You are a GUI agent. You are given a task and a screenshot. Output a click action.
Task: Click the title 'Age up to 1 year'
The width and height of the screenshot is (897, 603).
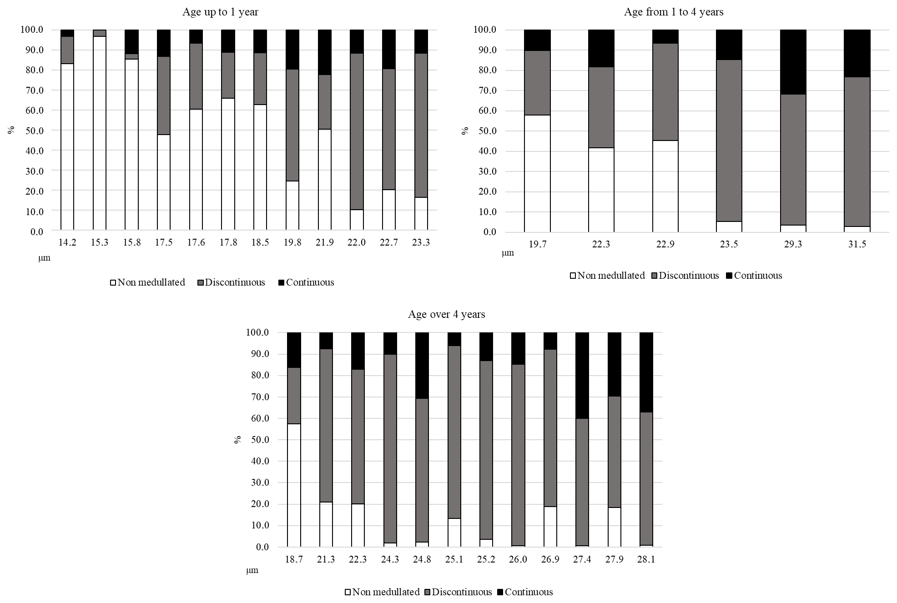(220, 12)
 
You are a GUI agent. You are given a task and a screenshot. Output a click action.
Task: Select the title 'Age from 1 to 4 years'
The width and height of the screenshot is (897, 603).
(674, 12)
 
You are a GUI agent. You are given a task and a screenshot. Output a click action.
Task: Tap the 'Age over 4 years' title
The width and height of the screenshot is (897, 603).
(446, 315)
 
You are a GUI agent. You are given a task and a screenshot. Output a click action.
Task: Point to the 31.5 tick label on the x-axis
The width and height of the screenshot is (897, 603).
(857, 245)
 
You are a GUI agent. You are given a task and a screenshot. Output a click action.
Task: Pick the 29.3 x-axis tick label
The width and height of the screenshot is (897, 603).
(793, 245)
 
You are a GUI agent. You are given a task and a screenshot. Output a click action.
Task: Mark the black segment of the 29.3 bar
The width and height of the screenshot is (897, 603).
(793, 62)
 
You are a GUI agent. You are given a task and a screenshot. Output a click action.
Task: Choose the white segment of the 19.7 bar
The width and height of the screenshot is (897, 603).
(537, 173)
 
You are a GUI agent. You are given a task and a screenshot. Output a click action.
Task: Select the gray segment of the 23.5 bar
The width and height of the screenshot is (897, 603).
(729, 141)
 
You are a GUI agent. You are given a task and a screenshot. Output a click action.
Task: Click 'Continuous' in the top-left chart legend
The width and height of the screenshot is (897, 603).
(309, 282)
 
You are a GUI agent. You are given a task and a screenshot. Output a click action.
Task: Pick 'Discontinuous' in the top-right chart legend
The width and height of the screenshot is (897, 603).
(688, 276)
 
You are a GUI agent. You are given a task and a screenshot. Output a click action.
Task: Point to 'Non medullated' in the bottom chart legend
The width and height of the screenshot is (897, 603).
(385, 592)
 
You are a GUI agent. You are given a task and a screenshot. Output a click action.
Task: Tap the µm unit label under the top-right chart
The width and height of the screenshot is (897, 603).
(508, 253)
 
